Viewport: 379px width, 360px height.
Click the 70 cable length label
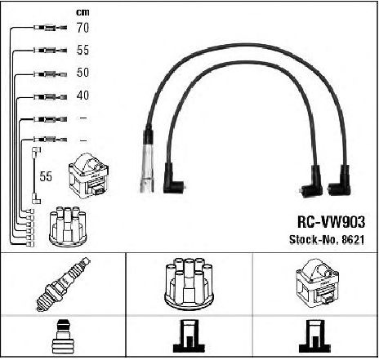82,28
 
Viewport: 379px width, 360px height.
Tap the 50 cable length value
82,73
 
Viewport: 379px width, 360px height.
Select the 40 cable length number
82,96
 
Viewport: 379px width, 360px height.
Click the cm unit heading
82,12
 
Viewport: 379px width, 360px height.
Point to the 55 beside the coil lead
46,176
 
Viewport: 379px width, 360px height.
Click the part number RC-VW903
331,222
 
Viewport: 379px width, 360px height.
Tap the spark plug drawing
63,284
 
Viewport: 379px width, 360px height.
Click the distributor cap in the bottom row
189,283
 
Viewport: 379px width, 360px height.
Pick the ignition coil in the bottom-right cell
317,283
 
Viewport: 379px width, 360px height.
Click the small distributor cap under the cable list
67,226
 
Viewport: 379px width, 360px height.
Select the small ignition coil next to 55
89,176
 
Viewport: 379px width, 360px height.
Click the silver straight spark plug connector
147,161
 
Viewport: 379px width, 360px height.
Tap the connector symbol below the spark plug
63,336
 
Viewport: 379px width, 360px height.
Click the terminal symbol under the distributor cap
189,336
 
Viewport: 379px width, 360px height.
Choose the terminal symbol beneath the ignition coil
315,336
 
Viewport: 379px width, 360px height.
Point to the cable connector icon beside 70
50,28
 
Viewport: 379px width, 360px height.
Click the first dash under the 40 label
82,118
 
